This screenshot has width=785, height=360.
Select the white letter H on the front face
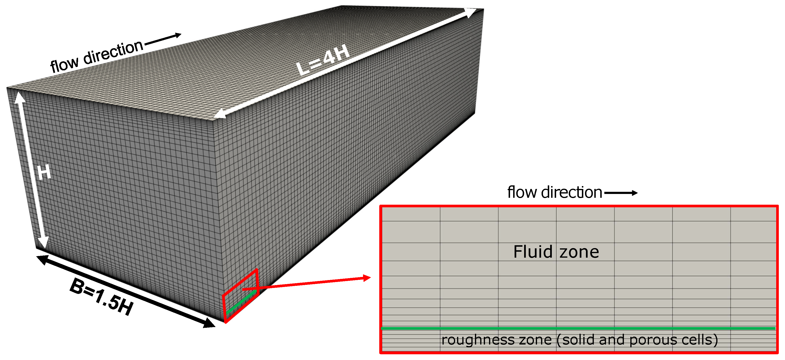(x=44, y=173)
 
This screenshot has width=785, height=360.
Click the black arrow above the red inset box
(x=621, y=193)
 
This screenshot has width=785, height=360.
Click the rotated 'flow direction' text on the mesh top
(x=97, y=56)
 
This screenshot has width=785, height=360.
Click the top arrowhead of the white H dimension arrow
(x=19, y=97)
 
